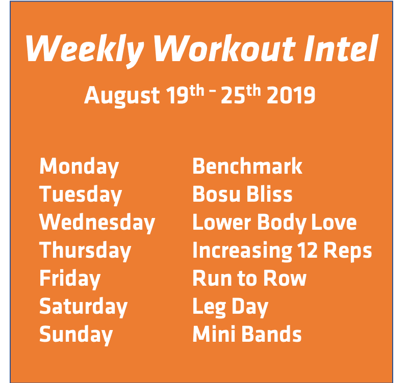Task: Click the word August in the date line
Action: click(x=122, y=95)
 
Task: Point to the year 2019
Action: click(x=291, y=95)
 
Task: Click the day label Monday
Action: click(x=79, y=167)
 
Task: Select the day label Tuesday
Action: click(x=81, y=195)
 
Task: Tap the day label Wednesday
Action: click(x=97, y=223)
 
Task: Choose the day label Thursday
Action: click(x=85, y=251)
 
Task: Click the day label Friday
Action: click(x=70, y=279)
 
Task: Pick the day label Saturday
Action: click(x=83, y=307)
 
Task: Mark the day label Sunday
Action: click(x=76, y=335)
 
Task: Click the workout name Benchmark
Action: click(x=247, y=167)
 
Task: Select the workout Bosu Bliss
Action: click(x=242, y=195)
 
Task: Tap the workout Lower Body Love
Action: click(x=274, y=223)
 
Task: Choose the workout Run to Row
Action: click(x=249, y=279)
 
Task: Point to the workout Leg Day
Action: click(x=230, y=307)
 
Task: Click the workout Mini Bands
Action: click(x=247, y=335)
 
